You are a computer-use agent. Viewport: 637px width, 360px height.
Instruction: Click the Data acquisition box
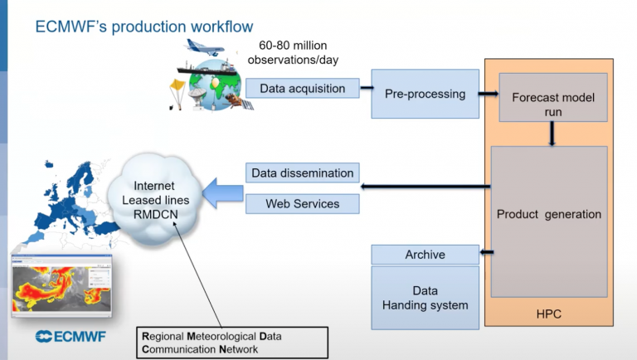[x=303, y=88]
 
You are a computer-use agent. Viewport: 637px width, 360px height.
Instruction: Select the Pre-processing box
[x=425, y=94]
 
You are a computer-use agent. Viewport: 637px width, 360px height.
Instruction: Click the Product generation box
[x=549, y=214]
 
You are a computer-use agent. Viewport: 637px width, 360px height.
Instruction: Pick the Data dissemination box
[x=302, y=173]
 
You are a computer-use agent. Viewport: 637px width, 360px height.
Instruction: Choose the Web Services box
[x=302, y=203]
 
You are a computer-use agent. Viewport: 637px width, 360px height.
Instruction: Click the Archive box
[x=425, y=255]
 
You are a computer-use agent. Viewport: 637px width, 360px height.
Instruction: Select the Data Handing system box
[x=425, y=298]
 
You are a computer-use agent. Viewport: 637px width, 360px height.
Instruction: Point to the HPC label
[x=549, y=313]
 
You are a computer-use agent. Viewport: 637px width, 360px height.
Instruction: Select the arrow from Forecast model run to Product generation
[x=551, y=134]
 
